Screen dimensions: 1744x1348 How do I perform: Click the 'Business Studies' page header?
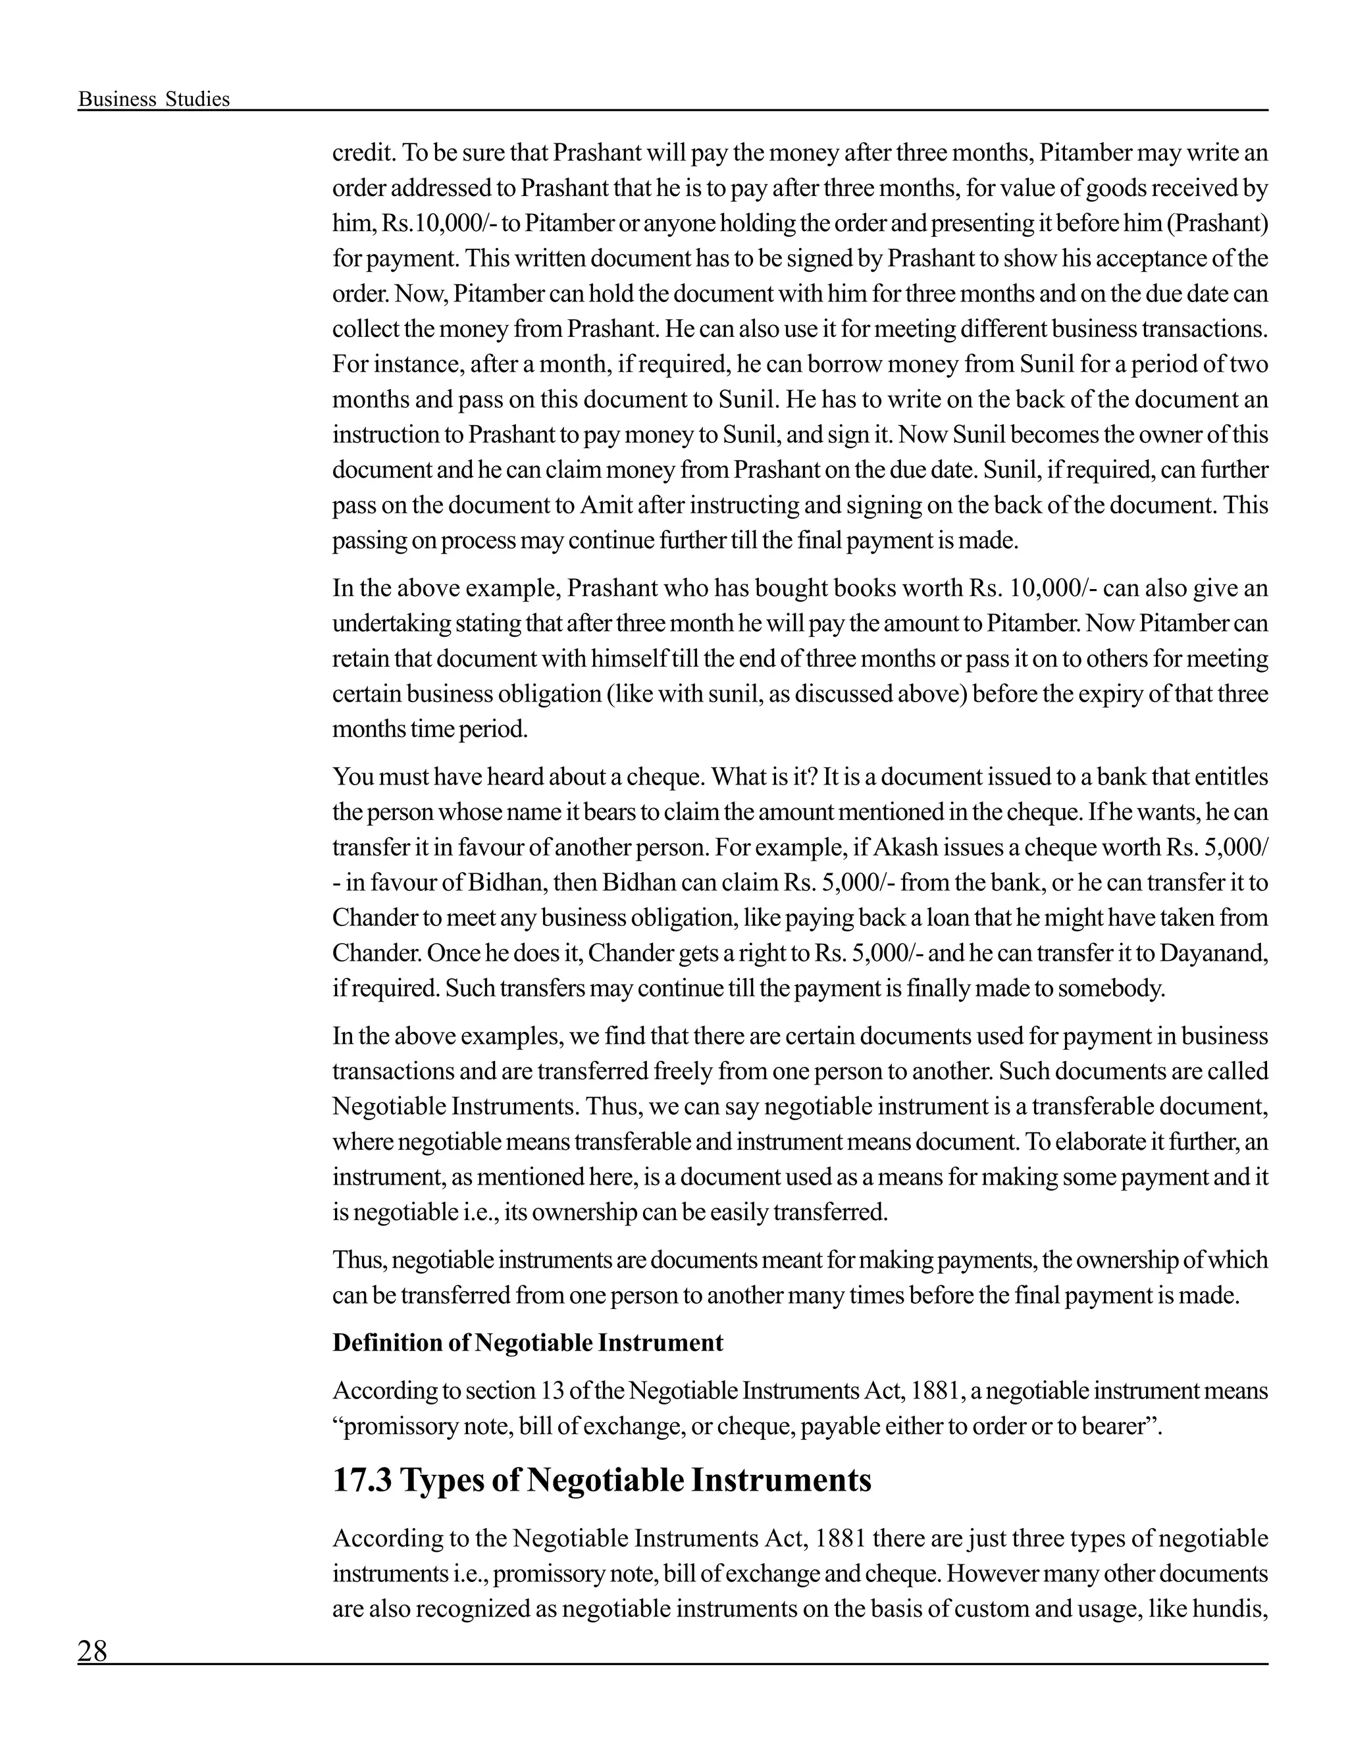(x=153, y=99)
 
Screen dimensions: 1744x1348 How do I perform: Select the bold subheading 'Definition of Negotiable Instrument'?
(x=527, y=1343)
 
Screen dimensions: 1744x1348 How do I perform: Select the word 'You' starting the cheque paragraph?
(x=350, y=776)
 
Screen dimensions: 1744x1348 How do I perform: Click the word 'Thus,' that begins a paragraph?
(x=359, y=1259)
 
